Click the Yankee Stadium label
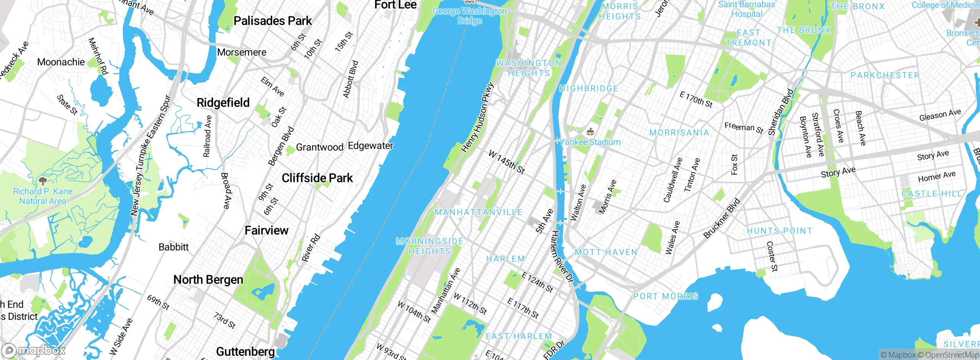590,142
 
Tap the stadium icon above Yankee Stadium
590,132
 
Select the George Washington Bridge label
469,16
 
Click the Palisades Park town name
273,21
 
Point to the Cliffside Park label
317,178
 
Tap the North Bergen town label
208,280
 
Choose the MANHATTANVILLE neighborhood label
478,212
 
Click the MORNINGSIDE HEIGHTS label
430,246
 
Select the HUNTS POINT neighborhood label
779,231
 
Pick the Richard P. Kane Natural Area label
42,196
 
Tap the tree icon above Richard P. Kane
42,181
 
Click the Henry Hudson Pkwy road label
477,118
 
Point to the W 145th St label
506,162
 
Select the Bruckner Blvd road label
722,218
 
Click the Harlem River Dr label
562,257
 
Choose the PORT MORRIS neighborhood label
665,296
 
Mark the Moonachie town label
61,62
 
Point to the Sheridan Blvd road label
781,112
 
